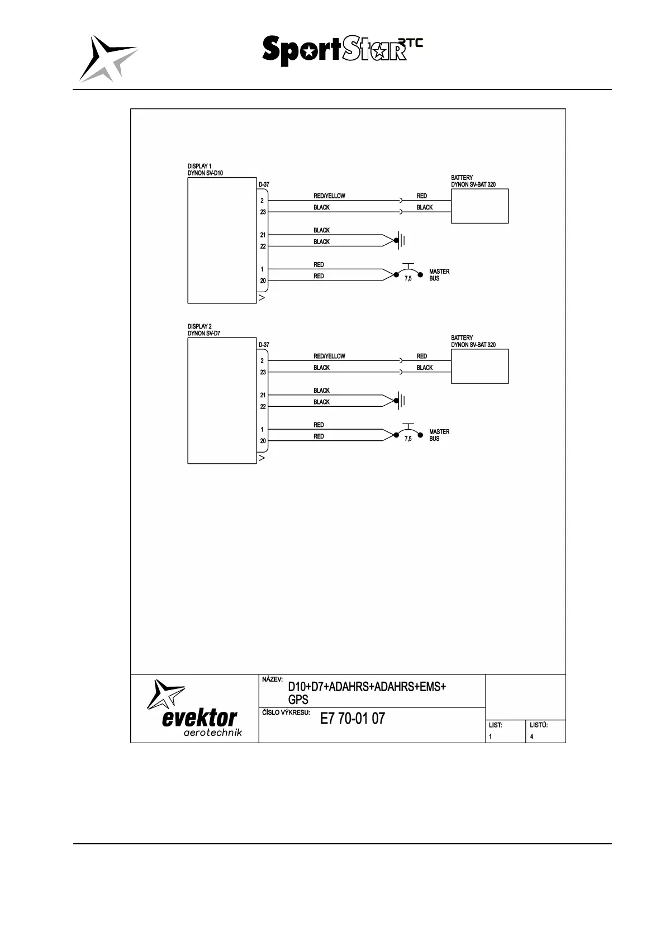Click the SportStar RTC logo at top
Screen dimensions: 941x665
pyautogui.click(x=342, y=51)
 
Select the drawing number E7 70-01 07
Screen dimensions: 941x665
pyautogui.click(x=352, y=719)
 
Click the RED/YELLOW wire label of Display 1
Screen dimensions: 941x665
pyautogui.click(x=329, y=196)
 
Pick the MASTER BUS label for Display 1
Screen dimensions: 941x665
pyautogui.click(x=439, y=275)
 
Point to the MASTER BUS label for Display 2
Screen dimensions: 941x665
pyautogui.click(x=439, y=435)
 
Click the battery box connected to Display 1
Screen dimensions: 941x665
pyautogui.click(x=479, y=206)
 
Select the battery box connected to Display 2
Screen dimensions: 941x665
pyautogui.click(x=479, y=366)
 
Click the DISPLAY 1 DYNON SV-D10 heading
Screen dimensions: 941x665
pyautogui.click(x=205, y=170)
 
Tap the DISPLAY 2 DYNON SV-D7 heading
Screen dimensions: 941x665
pyautogui.click(x=204, y=330)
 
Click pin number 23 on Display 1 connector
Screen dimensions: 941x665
pyautogui.click(x=263, y=212)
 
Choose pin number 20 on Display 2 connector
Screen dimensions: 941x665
pyautogui.click(x=263, y=441)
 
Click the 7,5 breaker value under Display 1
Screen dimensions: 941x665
pyautogui.click(x=408, y=279)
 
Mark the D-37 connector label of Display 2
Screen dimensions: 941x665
pyautogui.click(x=264, y=345)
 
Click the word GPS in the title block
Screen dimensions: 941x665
pyautogui.click(x=298, y=700)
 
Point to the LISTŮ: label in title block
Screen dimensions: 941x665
pyautogui.click(x=538, y=725)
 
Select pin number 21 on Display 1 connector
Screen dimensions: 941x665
pyautogui.click(x=263, y=235)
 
